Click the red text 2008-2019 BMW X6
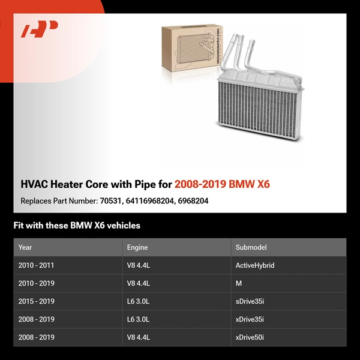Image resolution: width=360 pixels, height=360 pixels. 222,184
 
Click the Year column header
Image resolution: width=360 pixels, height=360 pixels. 25,247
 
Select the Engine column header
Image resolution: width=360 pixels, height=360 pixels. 137,247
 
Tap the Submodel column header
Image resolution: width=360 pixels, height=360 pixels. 251,247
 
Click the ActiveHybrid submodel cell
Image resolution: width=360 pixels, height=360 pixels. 255,265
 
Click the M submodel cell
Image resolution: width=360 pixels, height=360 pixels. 238,283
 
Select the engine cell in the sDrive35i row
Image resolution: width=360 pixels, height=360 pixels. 137,301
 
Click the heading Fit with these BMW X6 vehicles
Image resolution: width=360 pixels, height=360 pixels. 77,226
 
